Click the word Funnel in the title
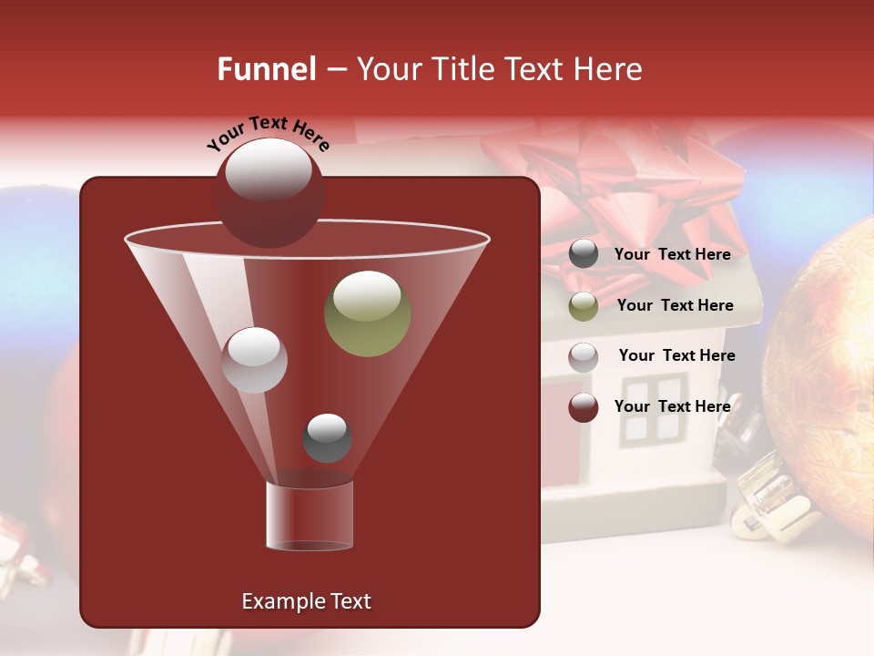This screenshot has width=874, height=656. [x=266, y=69]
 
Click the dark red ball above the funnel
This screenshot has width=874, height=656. [x=269, y=193]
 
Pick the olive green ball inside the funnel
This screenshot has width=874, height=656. [x=368, y=314]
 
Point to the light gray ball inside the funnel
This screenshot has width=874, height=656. [x=254, y=360]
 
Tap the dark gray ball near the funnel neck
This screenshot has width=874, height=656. [x=327, y=438]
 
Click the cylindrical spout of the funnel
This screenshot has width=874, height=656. [x=309, y=517]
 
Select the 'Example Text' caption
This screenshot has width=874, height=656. [x=306, y=601]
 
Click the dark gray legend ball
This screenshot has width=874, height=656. [x=584, y=254]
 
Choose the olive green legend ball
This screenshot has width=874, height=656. [x=584, y=306]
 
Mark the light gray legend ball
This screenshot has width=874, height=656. [x=584, y=357]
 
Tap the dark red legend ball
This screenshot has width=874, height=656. [x=584, y=407]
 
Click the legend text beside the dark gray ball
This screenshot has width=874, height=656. [x=672, y=255]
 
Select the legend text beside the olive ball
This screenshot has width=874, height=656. [x=675, y=306]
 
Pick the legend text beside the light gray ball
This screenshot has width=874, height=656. [x=676, y=356]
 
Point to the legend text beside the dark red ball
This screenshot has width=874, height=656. [x=672, y=406]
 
